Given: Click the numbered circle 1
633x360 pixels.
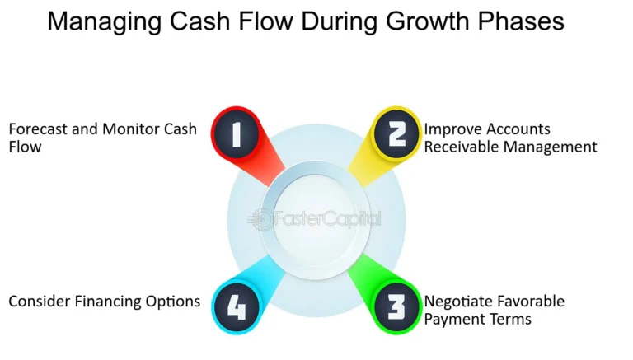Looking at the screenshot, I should click(x=237, y=134).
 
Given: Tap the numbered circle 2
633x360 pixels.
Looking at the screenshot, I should click(x=396, y=134).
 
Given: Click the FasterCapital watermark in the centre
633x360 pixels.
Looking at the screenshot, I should click(x=316, y=219).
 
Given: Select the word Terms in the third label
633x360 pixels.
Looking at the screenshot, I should click(x=511, y=319).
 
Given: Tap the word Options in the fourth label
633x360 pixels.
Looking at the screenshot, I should click(x=176, y=302).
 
